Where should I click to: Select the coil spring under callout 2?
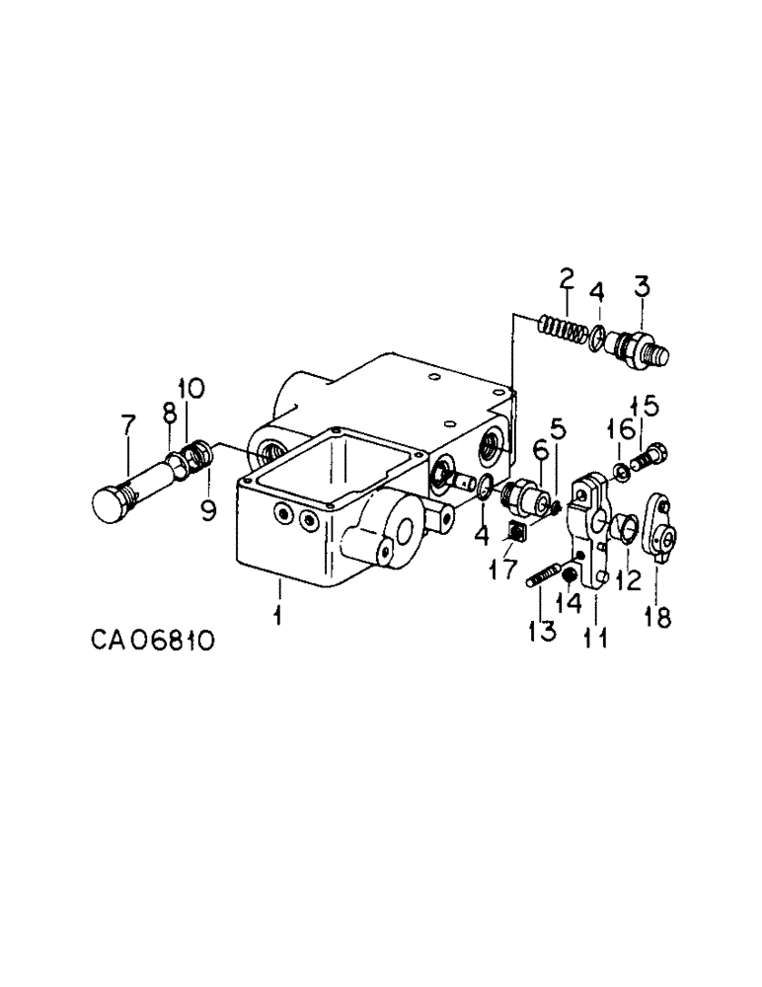tap(564, 327)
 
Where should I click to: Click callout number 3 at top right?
tap(642, 288)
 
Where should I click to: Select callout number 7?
tap(127, 426)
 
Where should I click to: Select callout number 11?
tap(595, 641)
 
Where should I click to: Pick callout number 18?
tap(658, 617)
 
